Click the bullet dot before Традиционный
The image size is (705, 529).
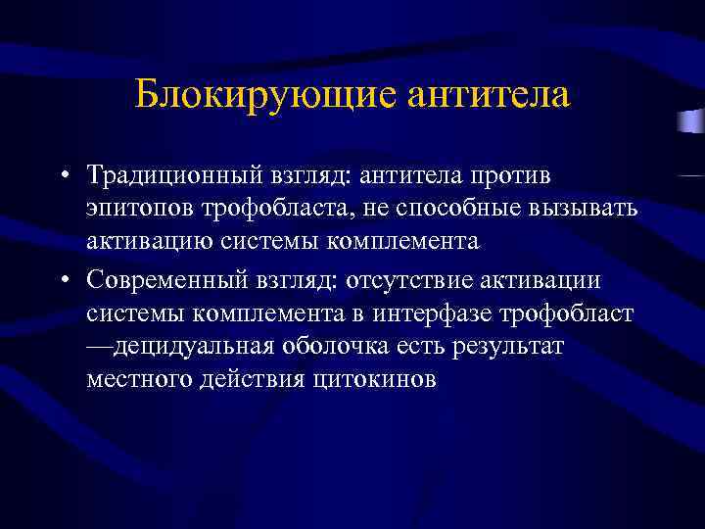[62, 176]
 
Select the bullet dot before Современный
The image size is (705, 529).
[62, 281]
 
